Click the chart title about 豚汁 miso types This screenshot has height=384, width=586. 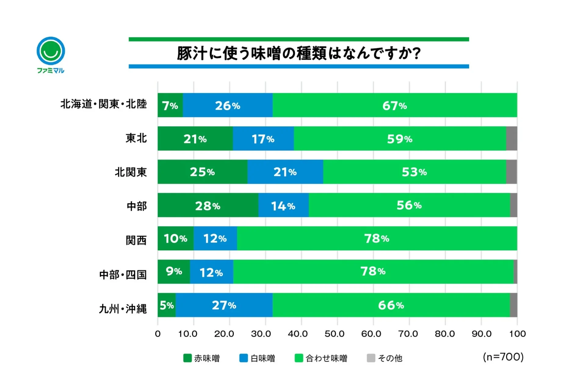click(x=298, y=53)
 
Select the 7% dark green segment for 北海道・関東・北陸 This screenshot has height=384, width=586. click(x=170, y=105)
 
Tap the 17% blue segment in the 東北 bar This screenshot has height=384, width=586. click(x=263, y=139)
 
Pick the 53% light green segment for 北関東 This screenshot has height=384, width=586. click(x=414, y=172)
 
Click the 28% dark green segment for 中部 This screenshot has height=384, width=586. click(x=208, y=206)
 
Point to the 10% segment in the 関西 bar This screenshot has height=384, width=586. click(x=175, y=239)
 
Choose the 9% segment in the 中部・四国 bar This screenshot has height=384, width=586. click(x=174, y=271)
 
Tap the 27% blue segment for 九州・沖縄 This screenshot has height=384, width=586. click(x=224, y=305)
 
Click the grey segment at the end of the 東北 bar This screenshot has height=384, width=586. click(x=512, y=139)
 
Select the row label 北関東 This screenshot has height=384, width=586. click(x=131, y=172)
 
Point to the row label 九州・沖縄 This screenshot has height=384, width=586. click(x=123, y=309)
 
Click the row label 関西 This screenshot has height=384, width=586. click(x=136, y=240)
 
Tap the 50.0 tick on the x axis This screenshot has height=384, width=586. click(x=334, y=334)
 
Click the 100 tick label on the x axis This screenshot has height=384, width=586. click(x=517, y=334)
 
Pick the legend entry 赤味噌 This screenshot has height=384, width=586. click(x=202, y=358)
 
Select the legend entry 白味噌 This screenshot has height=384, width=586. click(x=257, y=358)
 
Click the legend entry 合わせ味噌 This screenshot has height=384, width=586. click(x=321, y=358)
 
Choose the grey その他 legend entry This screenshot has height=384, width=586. click(x=385, y=358)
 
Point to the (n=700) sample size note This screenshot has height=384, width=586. click(x=503, y=357)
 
